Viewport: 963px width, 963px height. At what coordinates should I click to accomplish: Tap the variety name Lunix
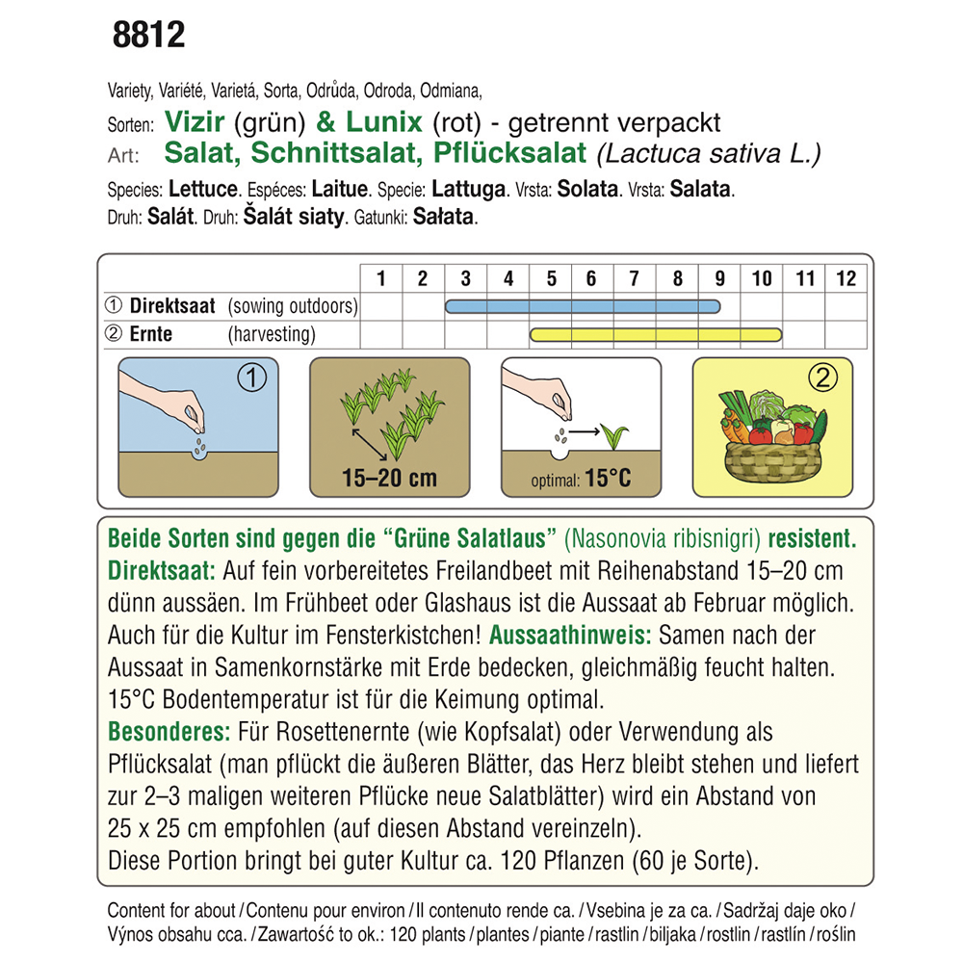(381, 123)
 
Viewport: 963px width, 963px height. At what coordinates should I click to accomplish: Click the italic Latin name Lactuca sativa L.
(709, 153)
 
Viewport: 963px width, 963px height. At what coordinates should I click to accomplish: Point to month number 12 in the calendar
(846, 278)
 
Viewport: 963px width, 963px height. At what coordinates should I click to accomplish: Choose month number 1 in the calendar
(381, 278)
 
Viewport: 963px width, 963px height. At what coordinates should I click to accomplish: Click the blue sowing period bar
(583, 306)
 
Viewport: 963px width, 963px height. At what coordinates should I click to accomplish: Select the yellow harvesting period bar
(656, 334)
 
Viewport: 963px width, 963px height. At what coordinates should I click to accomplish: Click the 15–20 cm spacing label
(389, 478)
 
